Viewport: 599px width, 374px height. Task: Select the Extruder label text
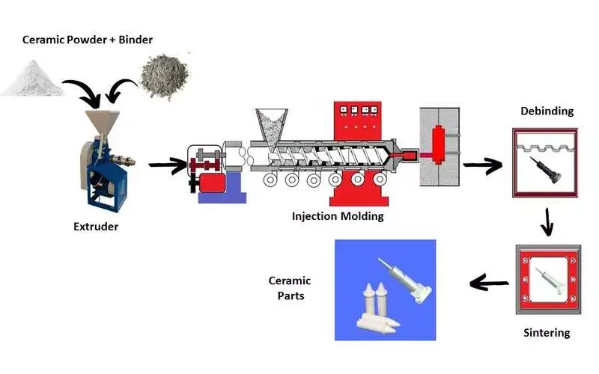point(95,226)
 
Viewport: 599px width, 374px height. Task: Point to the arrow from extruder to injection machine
point(166,164)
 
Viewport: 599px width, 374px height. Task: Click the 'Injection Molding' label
point(338,216)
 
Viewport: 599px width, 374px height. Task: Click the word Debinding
point(547,111)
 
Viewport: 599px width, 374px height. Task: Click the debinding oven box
point(547,163)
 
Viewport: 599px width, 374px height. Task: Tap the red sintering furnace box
point(547,281)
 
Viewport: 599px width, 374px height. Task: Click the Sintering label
point(547,333)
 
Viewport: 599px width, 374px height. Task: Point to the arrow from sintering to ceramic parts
point(489,283)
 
